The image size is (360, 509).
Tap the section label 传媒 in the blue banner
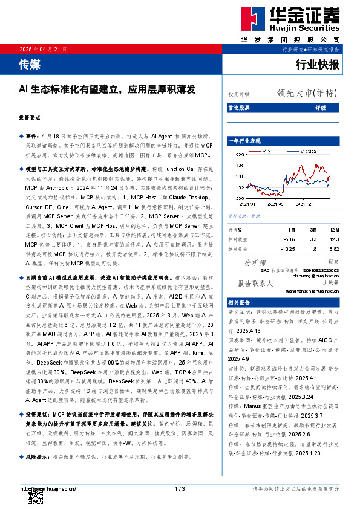pos(28,63)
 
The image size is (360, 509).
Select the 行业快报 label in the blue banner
pos(317,65)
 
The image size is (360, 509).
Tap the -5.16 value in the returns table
pos(289,239)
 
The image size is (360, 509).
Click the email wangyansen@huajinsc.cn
pos(307,290)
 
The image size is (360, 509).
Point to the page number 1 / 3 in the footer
pos(179,488)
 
